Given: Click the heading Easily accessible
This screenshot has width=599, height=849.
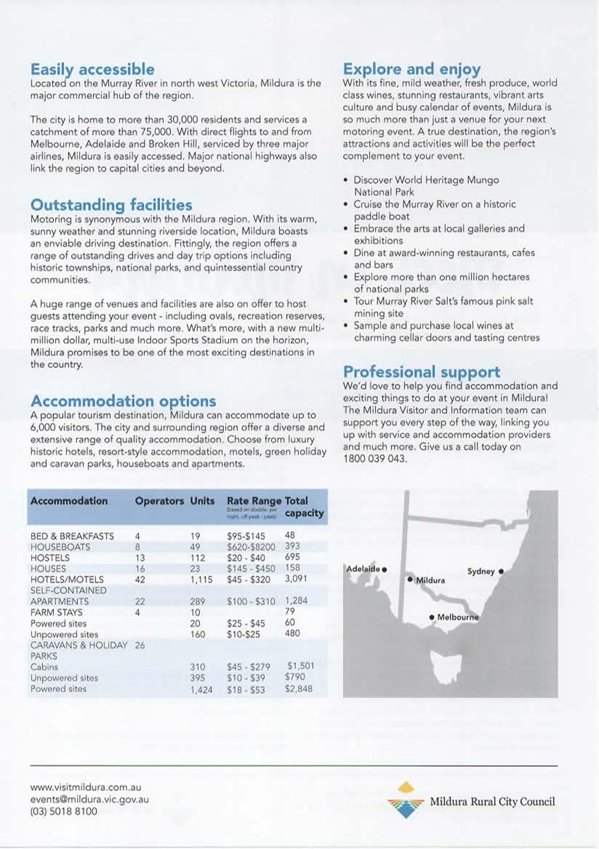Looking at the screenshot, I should click(x=92, y=69).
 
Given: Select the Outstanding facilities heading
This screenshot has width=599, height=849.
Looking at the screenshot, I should click(x=111, y=205).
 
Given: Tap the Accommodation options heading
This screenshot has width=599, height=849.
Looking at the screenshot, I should click(x=123, y=401).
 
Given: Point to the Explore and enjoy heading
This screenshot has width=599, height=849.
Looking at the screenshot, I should click(x=412, y=69).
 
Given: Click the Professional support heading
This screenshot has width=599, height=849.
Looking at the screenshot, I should click(x=421, y=372).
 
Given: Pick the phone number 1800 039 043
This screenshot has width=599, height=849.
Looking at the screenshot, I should click(x=375, y=458).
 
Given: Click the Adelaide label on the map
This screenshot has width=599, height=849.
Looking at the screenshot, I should click(x=363, y=569).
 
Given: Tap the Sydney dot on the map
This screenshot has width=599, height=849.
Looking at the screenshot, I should click(x=501, y=570).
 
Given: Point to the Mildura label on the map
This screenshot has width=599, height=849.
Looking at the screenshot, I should click(x=431, y=580).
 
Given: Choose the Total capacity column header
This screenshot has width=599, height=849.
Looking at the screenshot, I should click(x=304, y=506).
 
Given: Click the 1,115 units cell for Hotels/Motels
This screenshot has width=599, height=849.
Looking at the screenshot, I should click(x=201, y=579).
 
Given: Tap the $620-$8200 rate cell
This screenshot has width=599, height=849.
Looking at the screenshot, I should click(x=251, y=547).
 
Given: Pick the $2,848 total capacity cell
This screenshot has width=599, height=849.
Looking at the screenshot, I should click(x=299, y=689).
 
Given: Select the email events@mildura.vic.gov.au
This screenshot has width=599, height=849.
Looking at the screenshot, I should click(x=89, y=799).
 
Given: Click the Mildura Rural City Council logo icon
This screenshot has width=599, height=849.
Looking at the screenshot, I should click(x=405, y=800).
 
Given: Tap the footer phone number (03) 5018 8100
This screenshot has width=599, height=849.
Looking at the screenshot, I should click(x=64, y=812).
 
